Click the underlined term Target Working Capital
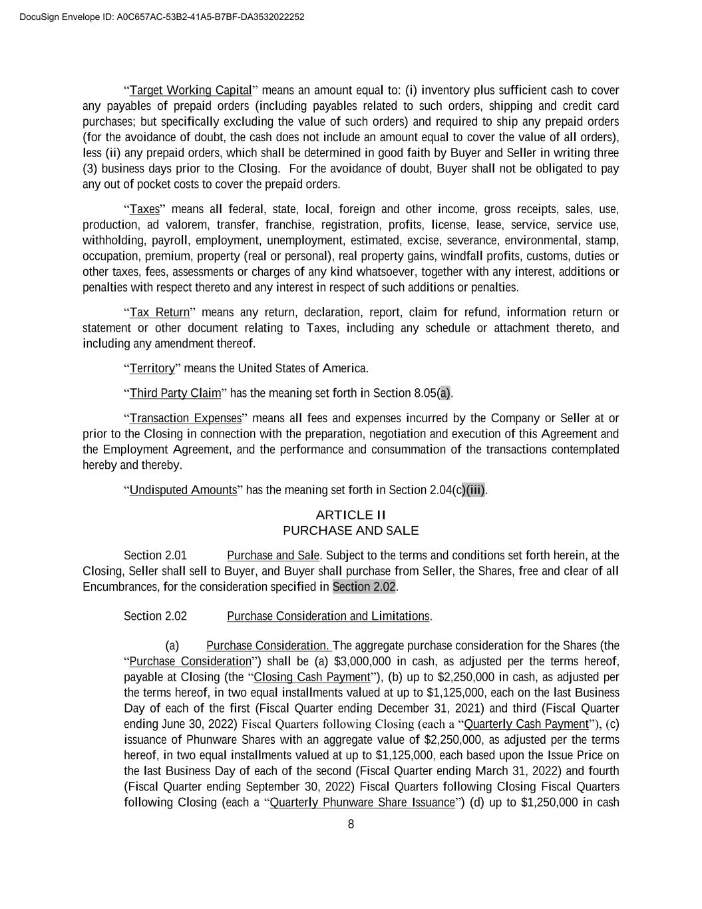190,91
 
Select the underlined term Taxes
144,210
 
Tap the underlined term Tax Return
160,313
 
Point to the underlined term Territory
152,369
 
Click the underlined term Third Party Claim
175,394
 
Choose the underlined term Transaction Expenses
185,419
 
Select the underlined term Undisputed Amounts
183,491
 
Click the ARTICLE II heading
351,515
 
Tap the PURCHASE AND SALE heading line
351,531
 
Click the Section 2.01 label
155,556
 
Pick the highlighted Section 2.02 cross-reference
364,587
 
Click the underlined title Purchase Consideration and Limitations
328,617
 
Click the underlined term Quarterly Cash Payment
526,725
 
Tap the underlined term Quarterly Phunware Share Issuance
362,802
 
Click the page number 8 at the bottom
351,825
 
